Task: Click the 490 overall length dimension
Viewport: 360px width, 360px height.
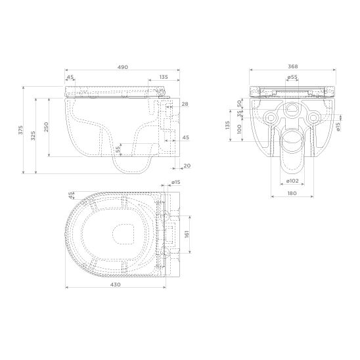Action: (123, 67)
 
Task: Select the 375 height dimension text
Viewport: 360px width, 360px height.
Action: (21, 130)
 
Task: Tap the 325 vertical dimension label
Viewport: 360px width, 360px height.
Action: (33, 136)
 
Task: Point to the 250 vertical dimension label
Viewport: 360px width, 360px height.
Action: (46, 127)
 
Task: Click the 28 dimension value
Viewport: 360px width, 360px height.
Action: (185, 104)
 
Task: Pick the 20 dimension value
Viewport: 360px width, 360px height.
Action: (187, 166)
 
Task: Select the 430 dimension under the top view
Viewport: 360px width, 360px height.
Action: (115, 284)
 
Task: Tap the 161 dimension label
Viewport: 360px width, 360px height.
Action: (187, 234)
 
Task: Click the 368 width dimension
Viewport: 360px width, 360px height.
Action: (293, 66)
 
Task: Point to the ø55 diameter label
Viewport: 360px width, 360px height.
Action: (292, 77)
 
